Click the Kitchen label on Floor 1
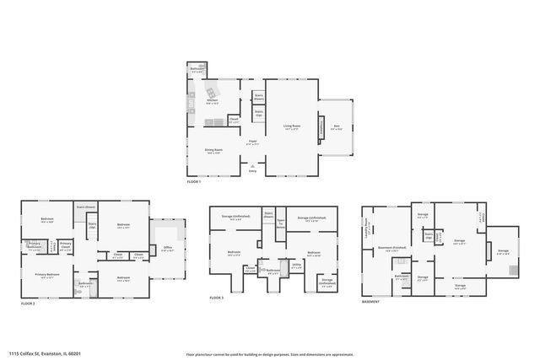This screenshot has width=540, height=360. pyautogui.click(x=213, y=102)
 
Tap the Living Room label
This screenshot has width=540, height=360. pyautogui.click(x=292, y=126)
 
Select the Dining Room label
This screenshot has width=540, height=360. pyautogui.click(x=213, y=151)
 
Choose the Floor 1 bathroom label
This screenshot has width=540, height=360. pyautogui.click(x=198, y=70)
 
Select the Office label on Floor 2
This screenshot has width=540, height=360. pyautogui.click(x=168, y=248)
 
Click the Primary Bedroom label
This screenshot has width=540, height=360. pyautogui.click(x=47, y=275)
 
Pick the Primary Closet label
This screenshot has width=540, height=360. pyautogui.click(x=65, y=246)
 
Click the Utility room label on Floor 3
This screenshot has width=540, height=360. pyautogui.click(x=296, y=265)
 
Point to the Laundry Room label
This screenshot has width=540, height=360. pyautogui.click(x=369, y=228)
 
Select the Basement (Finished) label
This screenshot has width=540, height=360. pyautogui.click(x=388, y=248)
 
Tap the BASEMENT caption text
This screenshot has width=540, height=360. pyautogui.click(x=371, y=301)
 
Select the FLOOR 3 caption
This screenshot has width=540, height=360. pyautogui.click(x=216, y=297)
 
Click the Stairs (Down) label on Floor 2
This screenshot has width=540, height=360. pyautogui.click(x=86, y=207)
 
